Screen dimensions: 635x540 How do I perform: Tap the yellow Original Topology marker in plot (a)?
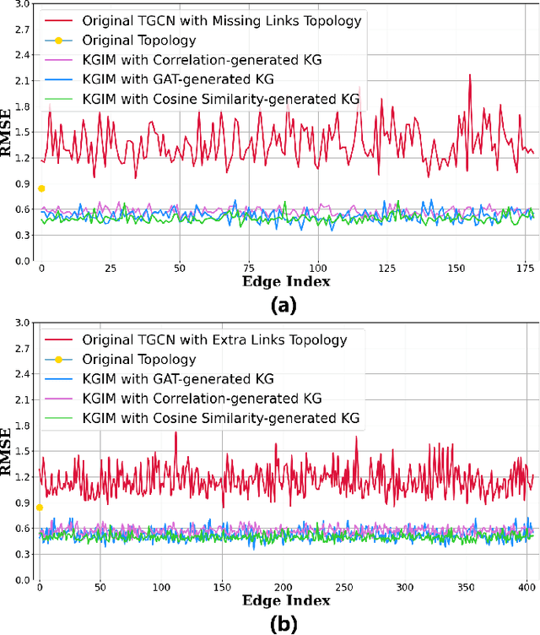click(40, 188)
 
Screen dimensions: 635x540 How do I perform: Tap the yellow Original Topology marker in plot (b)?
click(40, 507)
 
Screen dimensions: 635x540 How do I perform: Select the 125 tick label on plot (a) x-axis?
click(386, 268)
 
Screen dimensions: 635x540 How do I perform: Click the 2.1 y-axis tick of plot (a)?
click(20, 81)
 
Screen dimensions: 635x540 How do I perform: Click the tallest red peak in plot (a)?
click(470, 75)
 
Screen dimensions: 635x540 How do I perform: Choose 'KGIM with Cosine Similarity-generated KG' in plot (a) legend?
click(221, 99)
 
